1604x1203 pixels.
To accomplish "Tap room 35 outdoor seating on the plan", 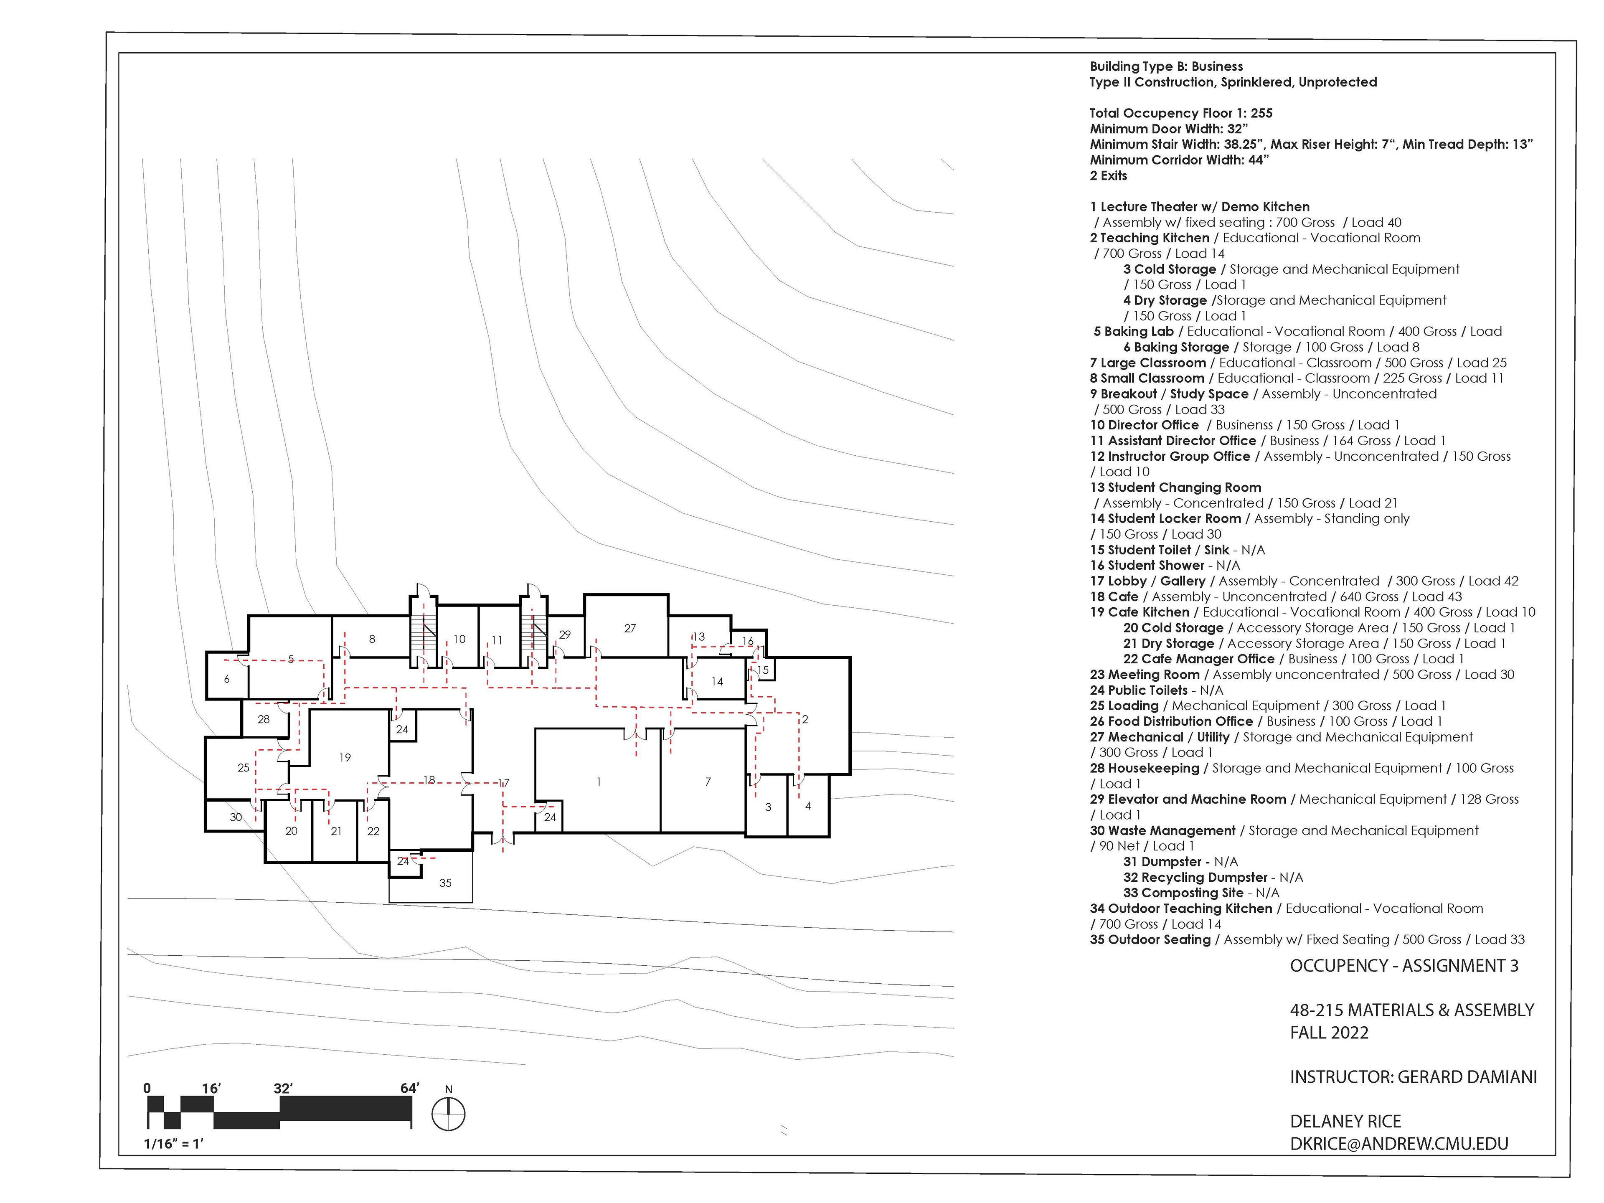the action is click(445, 883).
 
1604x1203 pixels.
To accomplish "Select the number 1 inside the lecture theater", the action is click(598, 782).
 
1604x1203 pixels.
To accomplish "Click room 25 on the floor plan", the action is click(243, 767).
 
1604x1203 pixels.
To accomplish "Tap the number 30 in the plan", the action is click(236, 817).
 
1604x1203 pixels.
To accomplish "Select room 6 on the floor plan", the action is click(227, 680).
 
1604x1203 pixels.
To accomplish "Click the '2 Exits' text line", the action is click(1108, 175).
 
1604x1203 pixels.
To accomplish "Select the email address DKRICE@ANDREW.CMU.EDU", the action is click(1399, 1144).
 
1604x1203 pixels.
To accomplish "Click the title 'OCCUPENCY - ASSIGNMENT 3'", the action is click(1404, 966).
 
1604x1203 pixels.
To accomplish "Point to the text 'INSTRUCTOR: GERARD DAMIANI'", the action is click(1413, 1077).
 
